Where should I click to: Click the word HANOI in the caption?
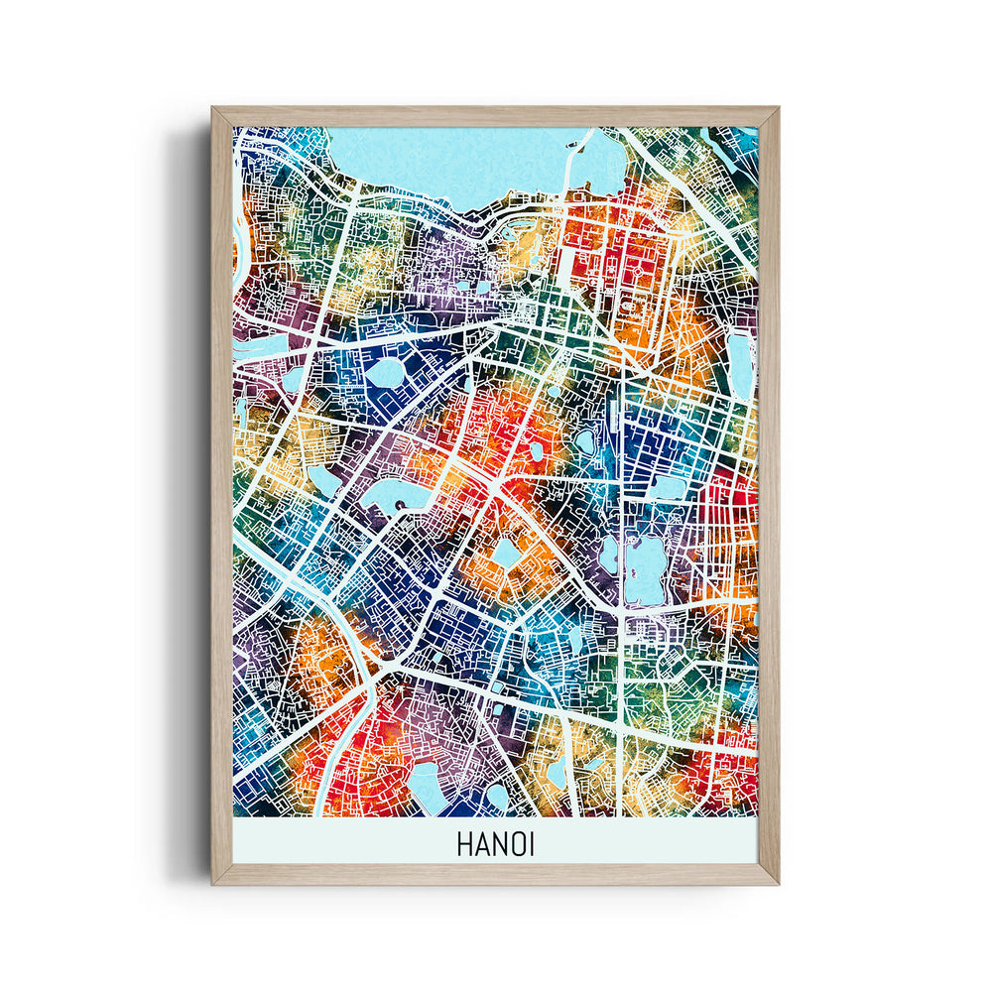pos(495,844)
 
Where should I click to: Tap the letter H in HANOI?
pos(465,844)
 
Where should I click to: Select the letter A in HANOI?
pos(480,844)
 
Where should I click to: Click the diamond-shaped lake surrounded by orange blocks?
pos(507,552)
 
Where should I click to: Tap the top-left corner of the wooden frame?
pos(214,110)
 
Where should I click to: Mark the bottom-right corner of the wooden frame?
pos(776,881)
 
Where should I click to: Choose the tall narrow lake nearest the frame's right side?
pos(739,362)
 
